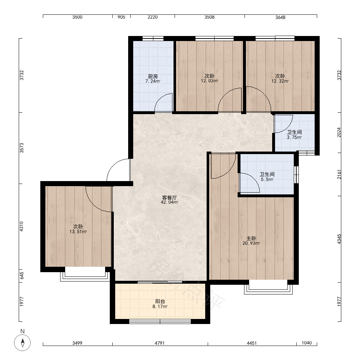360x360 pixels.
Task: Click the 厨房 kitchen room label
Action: [x=153, y=76]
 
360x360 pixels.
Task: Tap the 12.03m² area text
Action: [x=210, y=81]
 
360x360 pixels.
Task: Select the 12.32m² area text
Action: [x=280, y=81]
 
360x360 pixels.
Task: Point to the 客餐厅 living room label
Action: [x=170, y=198]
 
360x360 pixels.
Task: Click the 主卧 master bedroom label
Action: [x=251, y=239]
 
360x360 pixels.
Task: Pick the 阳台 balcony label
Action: [x=160, y=301]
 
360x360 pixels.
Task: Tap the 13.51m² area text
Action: [x=78, y=231]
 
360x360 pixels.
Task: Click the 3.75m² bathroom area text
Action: [x=294, y=137]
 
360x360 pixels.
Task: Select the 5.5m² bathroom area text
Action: [x=267, y=179]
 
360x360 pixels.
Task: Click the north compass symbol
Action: [x=22, y=343]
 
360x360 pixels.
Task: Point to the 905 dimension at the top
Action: [x=121, y=17]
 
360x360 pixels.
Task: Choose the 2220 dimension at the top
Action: [x=152, y=17]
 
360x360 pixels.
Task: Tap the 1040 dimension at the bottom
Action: [x=306, y=343]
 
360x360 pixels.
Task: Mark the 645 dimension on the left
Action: [x=21, y=276]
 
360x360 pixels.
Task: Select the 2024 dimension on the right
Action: [x=339, y=132]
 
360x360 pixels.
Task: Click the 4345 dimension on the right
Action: [x=339, y=239]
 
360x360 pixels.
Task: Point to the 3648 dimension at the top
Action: [x=280, y=17]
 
